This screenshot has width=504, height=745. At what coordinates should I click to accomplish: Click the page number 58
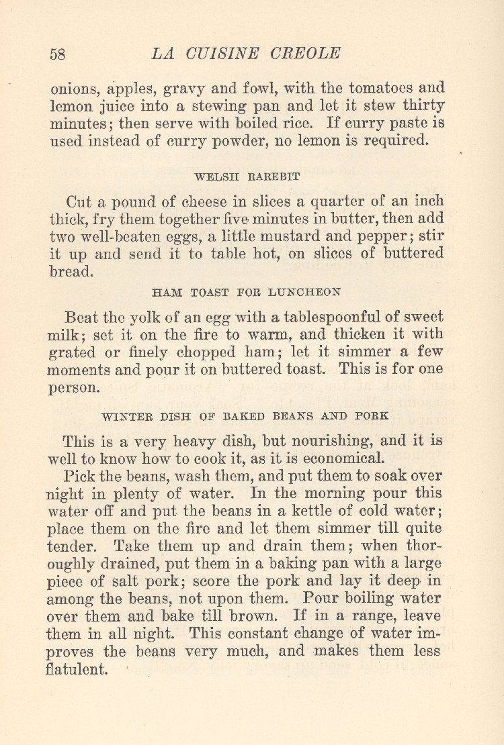[x=58, y=54]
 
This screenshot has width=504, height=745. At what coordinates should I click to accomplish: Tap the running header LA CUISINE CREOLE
[x=247, y=54]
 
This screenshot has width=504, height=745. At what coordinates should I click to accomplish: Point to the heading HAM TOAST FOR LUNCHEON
[x=247, y=292]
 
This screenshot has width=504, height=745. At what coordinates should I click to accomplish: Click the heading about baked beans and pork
[x=245, y=415]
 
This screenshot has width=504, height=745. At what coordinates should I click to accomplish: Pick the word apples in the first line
[x=112, y=89]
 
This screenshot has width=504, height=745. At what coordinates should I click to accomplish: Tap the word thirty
[x=423, y=106]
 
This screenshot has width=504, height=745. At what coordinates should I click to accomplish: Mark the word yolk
[x=171, y=317]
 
